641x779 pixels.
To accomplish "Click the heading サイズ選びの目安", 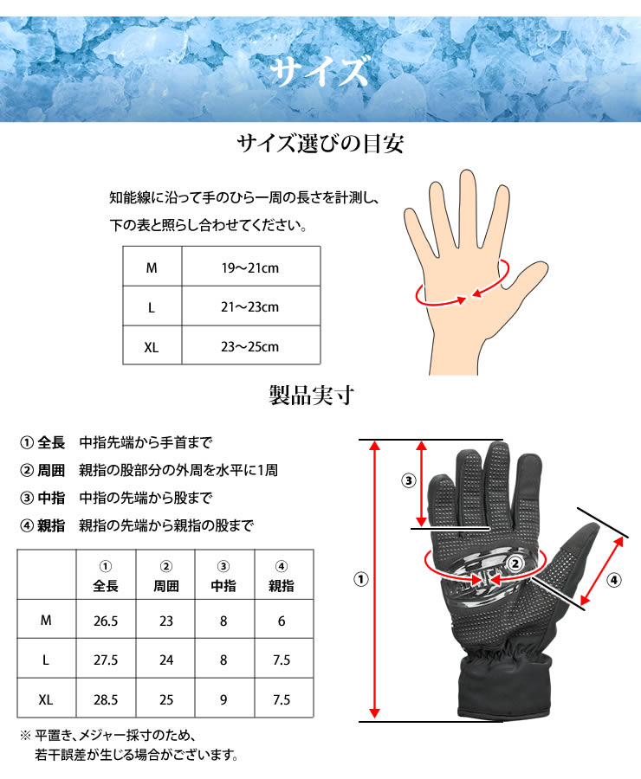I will pos(320,144).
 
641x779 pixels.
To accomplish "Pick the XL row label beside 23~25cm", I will pos(152,347).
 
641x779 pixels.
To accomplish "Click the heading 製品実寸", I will pos(320,397).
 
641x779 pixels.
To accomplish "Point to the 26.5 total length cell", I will pos(106,620).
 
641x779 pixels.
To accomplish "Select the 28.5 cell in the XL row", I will pos(106,699).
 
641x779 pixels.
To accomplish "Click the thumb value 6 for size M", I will pos(281,620).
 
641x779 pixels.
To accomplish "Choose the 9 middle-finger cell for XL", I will pos(223,699).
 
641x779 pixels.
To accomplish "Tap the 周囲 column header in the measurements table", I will pos(166,586).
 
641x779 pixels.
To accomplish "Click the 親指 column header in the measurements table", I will pos(281,586).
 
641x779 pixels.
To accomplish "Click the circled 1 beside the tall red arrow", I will pos(359,579).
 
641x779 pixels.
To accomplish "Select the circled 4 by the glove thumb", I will pos(614,579).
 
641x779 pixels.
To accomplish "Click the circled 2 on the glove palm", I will pos(515,563).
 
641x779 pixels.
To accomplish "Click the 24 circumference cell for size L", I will pos(166,660).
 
